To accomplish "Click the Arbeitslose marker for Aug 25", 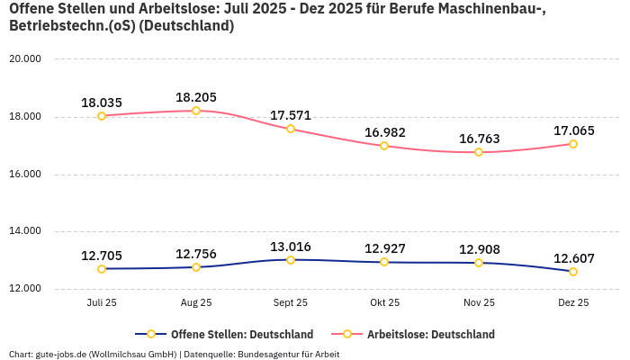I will click(x=196, y=111).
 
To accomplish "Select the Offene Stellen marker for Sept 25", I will click(x=291, y=260).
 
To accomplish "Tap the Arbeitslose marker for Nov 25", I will click(x=479, y=152).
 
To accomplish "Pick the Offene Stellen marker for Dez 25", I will click(x=573, y=272).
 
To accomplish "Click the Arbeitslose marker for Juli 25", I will click(x=102, y=116).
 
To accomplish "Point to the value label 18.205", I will click(x=196, y=97).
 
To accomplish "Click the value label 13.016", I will click(x=291, y=247).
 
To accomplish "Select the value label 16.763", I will click(x=479, y=139).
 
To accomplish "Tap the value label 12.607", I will click(x=573, y=258).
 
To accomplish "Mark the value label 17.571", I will click(x=291, y=115).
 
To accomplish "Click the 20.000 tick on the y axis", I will click(x=25, y=59).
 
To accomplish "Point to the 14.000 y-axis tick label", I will click(x=25, y=231).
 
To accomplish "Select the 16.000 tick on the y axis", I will click(x=25, y=175).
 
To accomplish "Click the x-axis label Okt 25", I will click(x=384, y=303).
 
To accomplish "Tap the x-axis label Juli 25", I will click(x=102, y=303).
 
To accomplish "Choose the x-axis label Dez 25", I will click(x=573, y=303).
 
